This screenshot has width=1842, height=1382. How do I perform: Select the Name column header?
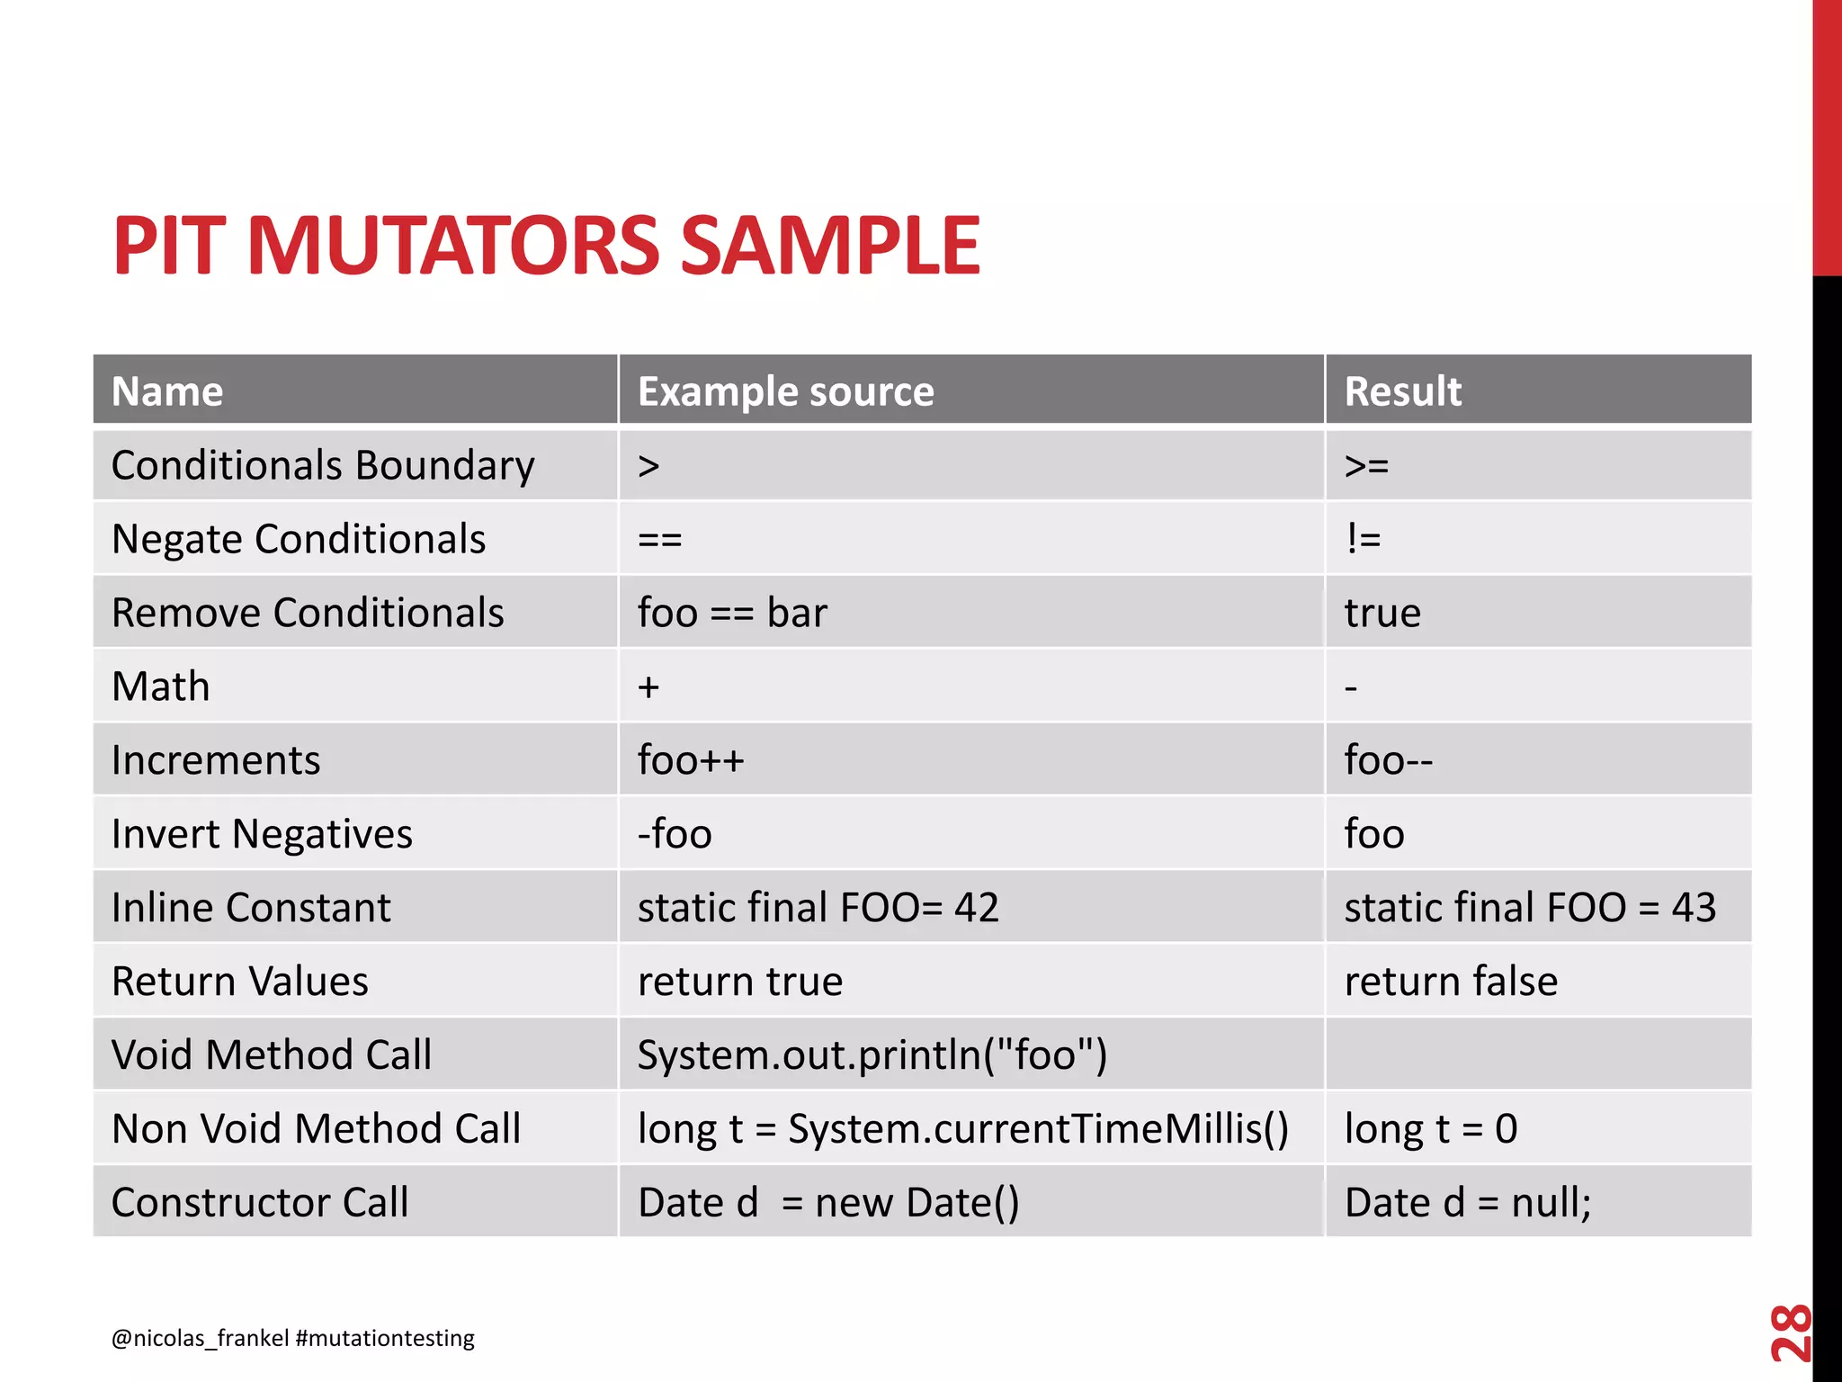pyautogui.click(x=167, y=391)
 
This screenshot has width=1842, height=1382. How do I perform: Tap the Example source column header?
pyautogui.click(x=785, y=391)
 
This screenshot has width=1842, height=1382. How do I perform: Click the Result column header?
pyautogui.click(x=1402, y=391)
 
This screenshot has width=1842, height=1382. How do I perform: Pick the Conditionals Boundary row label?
pyautogui.click(x=322, y=466)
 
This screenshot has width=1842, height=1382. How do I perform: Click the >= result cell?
pyautogui.click(x=1366, y=466)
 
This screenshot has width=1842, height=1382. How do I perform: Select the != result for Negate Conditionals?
pyautogui.click(x=1363, y=540)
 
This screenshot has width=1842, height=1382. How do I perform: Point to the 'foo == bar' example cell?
pyautogui.click(x=731, y=614)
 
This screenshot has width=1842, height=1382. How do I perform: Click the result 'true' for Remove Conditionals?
pyautogui.click(x=1382, y=614)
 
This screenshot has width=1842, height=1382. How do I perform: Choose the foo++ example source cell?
pyautogui.click(x=691, y=761)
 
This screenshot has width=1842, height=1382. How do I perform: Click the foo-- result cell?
pyautogui.click(x=1388, y=761)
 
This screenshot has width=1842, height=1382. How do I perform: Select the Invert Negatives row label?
pyautogui.click(x=262, y=834)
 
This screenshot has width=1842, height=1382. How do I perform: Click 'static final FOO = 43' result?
pyautogui.click(x=1529, y=908)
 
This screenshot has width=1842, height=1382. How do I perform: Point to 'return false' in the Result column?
pyautogui.click(x=1450, y=982)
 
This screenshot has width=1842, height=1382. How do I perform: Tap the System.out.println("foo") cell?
pyautogui.click(x=872, y=1055)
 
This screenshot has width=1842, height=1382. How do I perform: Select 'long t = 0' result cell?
pyautogui.click(x=1430, y=1129)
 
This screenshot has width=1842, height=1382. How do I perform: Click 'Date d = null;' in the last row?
pyautogui.click(x=1467, y=1203)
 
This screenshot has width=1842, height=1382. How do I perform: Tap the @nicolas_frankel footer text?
pyautogui.click(x=200, y=1339)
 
